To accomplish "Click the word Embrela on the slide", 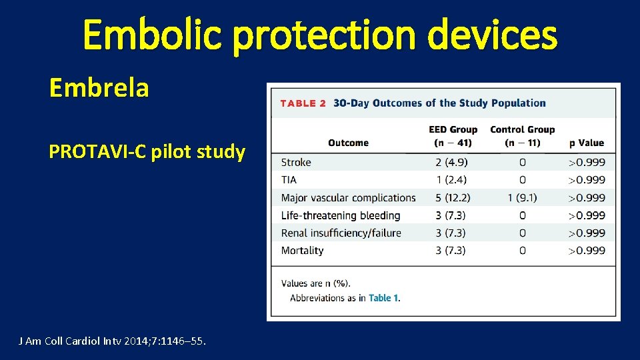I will (x=99, y=87).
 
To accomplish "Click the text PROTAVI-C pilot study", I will (x=147, y=152).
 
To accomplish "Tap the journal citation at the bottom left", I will (x=112, y=341).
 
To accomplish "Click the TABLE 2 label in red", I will (x=303, y=103).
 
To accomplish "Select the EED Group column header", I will (x=453, y=136).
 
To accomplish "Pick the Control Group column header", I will (x=522, y=136).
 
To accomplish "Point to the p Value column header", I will (x=586, y=143).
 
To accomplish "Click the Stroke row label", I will (x=296, y=162).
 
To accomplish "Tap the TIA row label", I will (x=289, y=179).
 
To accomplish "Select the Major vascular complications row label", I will (x=348, y=197).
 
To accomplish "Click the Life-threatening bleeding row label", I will (x=341, y=215).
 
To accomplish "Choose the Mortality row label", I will (x=302, y=251).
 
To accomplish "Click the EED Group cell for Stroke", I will (x=453, y=162).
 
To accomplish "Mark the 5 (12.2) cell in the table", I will (x=453, y=197).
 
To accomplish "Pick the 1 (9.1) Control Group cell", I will (x=522, y=197).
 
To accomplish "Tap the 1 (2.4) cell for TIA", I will (x=453, y=179).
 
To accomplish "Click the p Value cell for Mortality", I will (x=586, y=251).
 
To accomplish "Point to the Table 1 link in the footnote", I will (x=384, y=298).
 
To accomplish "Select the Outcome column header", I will (x=348, y=143).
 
